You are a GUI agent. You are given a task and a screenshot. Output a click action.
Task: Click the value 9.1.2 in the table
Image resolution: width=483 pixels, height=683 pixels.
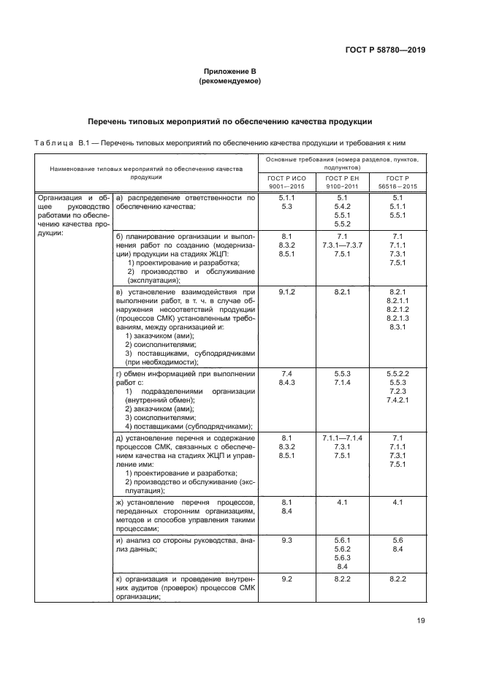pos(286,292)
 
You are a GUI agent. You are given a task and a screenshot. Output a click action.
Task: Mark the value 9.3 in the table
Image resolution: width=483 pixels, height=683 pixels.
pos(286,541)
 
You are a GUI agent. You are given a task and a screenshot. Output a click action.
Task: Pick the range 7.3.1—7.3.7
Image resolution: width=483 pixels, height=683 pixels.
pos(341,245)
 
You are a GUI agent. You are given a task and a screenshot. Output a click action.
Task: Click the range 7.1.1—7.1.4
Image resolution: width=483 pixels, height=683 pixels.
pos(341,437)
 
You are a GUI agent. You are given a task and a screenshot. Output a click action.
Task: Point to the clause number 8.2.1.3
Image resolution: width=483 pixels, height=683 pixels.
pos(398,318)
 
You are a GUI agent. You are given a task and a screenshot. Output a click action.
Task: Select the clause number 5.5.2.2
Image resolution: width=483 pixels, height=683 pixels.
pos(398,374)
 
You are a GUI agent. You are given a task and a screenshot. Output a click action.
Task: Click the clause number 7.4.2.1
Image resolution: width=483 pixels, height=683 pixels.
pos(398,400)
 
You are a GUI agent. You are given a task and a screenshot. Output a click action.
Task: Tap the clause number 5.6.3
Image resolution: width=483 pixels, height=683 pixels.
pos(341,558)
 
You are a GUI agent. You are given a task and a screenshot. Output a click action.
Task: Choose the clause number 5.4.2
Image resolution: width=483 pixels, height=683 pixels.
pos(341,207)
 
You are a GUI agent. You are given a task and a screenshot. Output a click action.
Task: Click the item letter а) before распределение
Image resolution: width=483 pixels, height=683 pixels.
pos(121,198)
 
